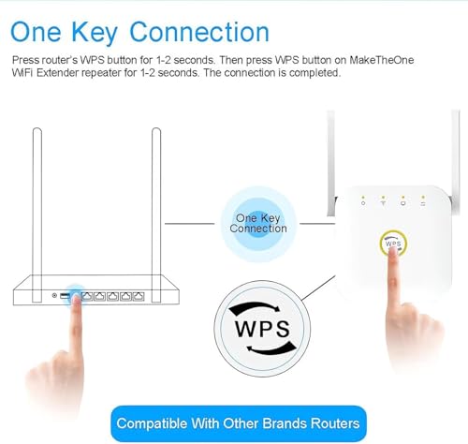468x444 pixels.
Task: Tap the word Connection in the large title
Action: (199, 32)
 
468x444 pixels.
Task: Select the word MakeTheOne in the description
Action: (381, 60)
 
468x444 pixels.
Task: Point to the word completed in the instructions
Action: (314, 73)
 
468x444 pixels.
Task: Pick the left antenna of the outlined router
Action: (37, 215)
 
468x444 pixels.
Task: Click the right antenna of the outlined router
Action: (156, 215)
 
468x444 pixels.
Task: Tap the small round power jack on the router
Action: (54, 295)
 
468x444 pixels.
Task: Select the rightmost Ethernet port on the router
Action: (139, 296)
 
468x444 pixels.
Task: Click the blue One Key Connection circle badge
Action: (258, 224)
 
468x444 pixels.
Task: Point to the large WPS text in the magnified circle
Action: (262, 329)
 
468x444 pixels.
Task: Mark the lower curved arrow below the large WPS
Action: (271, 349)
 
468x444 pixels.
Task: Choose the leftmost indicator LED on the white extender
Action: (363, 198)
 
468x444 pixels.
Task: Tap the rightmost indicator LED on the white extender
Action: (423, 198)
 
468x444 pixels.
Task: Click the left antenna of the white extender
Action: (331, 163)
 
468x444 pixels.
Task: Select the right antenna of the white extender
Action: (455, 162)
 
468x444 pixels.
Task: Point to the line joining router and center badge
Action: (189, 224)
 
